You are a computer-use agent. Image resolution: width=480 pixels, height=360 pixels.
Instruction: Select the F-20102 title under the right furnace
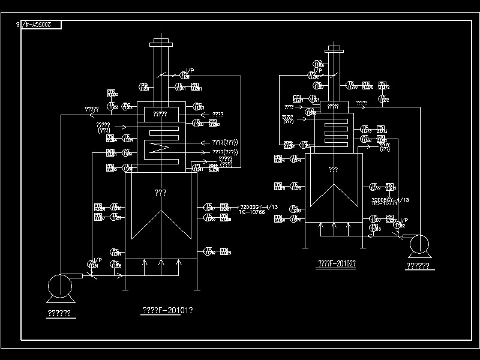[x=336, y=263]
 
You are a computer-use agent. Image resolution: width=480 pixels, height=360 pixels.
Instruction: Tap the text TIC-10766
[x=252, y=212]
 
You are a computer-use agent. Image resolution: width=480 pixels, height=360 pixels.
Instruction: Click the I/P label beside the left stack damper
[x=190, y=71]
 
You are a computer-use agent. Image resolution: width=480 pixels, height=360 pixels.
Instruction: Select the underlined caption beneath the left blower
[x=59, y=313]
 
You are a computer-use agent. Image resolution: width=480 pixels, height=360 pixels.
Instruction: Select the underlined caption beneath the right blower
[x=418, y=266]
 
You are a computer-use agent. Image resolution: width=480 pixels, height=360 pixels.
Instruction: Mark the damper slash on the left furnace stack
[x=161, y=76]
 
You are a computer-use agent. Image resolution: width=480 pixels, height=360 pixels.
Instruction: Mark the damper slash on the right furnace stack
[x=333, y=75]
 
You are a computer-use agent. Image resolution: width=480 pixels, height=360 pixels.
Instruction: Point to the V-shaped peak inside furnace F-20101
[x=161, y=212]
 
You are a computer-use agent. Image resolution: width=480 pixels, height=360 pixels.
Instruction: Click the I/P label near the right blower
[x=404, y=220]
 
